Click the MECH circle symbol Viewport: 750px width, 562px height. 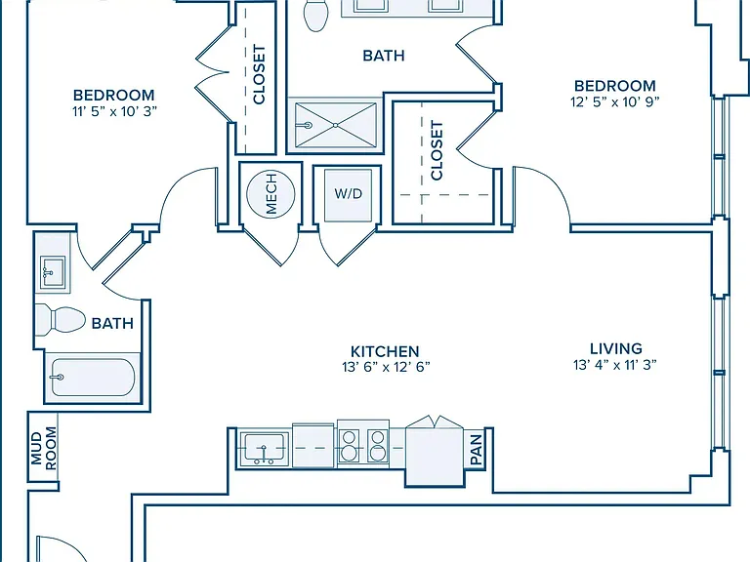click(x=271, y=194)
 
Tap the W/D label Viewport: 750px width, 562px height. click(x=349, y=193)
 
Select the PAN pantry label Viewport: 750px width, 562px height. click(x=477, y=450)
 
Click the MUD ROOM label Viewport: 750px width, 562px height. click(x=43, y=448)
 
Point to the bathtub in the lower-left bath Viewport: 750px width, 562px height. click(x=93, y=378)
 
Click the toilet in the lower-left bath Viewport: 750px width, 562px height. click(x=61, y=319)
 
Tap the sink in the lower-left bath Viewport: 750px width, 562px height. click(x=53, y=272)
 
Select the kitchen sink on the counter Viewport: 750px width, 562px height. click(x=265, y=449)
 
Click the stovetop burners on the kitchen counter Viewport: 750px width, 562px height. click(x=363, y=446)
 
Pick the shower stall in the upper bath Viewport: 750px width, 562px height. click(x=336, y=125)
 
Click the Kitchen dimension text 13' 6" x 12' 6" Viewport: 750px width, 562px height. click(x=386, y=367)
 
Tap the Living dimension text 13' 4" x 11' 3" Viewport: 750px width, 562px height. click(x=615, y=365)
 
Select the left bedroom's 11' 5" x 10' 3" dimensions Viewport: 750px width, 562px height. click(x=115, y=111)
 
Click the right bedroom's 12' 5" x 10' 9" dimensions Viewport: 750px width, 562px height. click(x=615, y=101)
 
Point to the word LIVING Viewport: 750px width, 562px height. click(x=616, y=348)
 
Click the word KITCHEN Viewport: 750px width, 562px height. click(x=385, y=351)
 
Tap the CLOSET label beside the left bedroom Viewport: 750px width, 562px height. click(x=259, y=74)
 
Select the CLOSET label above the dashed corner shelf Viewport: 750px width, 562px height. click(x=437, y=150)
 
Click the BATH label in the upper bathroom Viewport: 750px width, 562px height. click(x=384, y=56)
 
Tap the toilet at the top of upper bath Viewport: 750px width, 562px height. click(x=316, y=15)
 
